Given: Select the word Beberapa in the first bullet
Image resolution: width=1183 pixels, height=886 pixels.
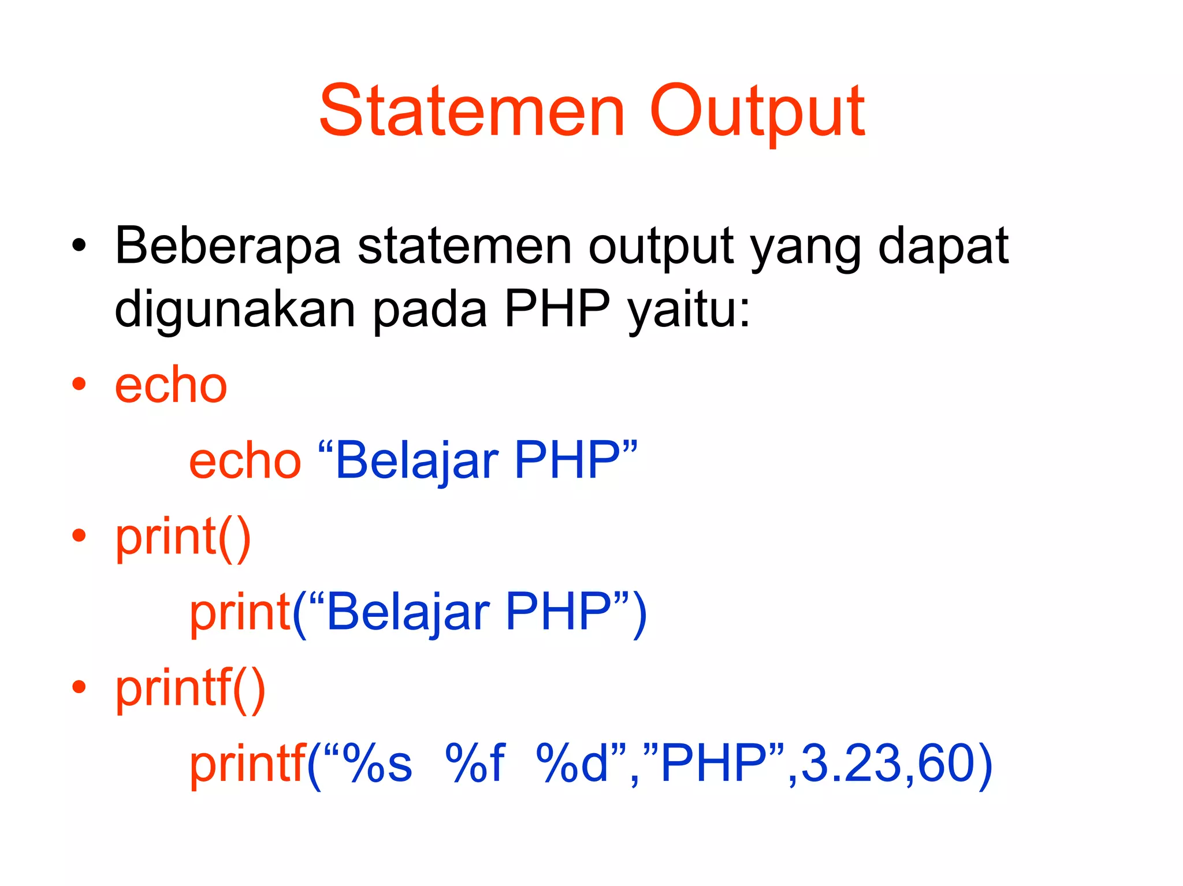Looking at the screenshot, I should (x=228, y=247).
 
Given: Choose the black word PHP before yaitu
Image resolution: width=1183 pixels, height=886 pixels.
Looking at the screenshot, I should (x=557, y=308).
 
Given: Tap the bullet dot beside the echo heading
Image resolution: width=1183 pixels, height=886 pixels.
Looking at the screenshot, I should (x=79, y=384).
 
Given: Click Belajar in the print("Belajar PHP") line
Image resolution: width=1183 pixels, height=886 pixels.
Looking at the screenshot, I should (x=408, y=612).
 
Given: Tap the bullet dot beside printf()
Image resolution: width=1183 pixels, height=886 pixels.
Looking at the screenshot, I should (x=79, y=687).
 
